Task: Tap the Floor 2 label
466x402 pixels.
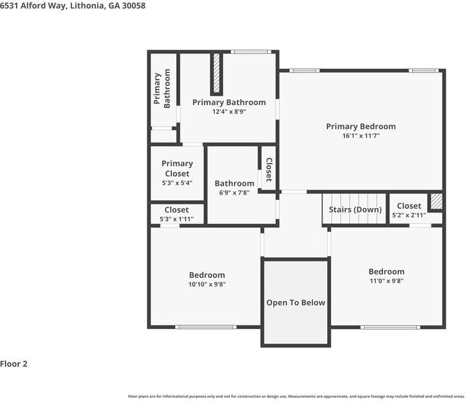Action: pos(14,364)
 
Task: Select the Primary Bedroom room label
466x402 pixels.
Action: pos(360,126)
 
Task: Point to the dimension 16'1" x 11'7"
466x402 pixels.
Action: pos(360,136)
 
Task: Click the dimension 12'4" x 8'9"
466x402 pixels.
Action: pos(229,112)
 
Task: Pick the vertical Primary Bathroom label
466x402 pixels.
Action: pos(162,90)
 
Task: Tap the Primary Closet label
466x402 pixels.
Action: pos(177,168)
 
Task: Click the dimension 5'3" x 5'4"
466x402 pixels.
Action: pos(177,182)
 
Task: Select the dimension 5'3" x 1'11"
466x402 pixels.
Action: pos(177,219)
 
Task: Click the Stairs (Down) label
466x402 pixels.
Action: pos(355,210)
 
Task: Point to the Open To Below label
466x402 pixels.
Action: pos(295,303)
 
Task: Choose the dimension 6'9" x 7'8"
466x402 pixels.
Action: pos(234,193)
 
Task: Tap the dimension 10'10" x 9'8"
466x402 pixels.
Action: pos(207,284)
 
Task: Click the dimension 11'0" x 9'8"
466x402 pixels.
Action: pos(386,280)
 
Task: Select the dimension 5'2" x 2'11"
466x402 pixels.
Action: pos(409,215)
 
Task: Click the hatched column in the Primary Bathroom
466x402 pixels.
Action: pos(216,74)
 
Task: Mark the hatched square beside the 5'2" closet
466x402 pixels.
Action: pos(435,201)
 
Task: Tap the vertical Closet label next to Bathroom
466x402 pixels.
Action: pos(268,169)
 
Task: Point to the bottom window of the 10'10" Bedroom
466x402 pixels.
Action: pos(205,327)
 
